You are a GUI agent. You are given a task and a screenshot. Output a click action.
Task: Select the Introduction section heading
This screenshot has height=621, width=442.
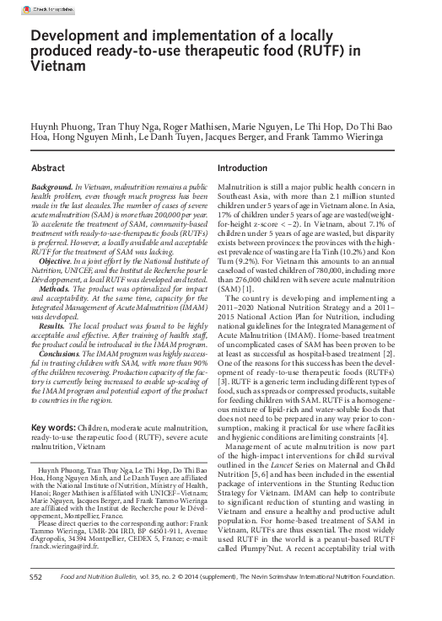(243, 168)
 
